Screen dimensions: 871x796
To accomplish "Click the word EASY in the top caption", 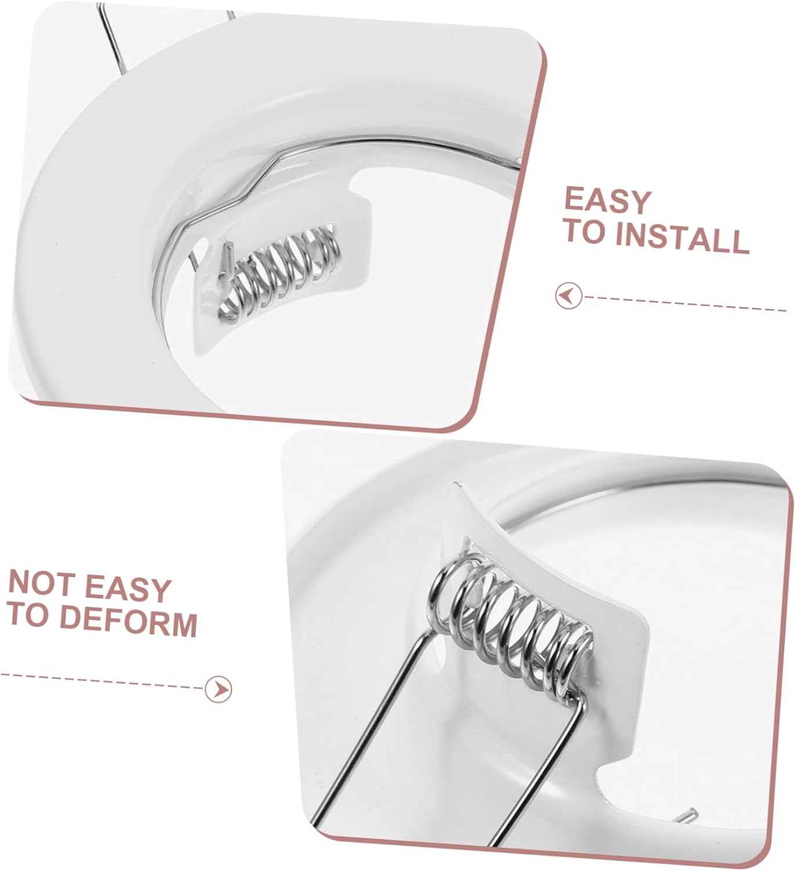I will [x=607, y=201].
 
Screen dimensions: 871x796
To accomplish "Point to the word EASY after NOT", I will [x=128, y=589].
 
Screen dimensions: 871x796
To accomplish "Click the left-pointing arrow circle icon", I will [x=568, y=296].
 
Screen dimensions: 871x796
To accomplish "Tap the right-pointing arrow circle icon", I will [x=219, y=689].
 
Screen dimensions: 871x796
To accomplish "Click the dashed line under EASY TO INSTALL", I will [x=685, y=304].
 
